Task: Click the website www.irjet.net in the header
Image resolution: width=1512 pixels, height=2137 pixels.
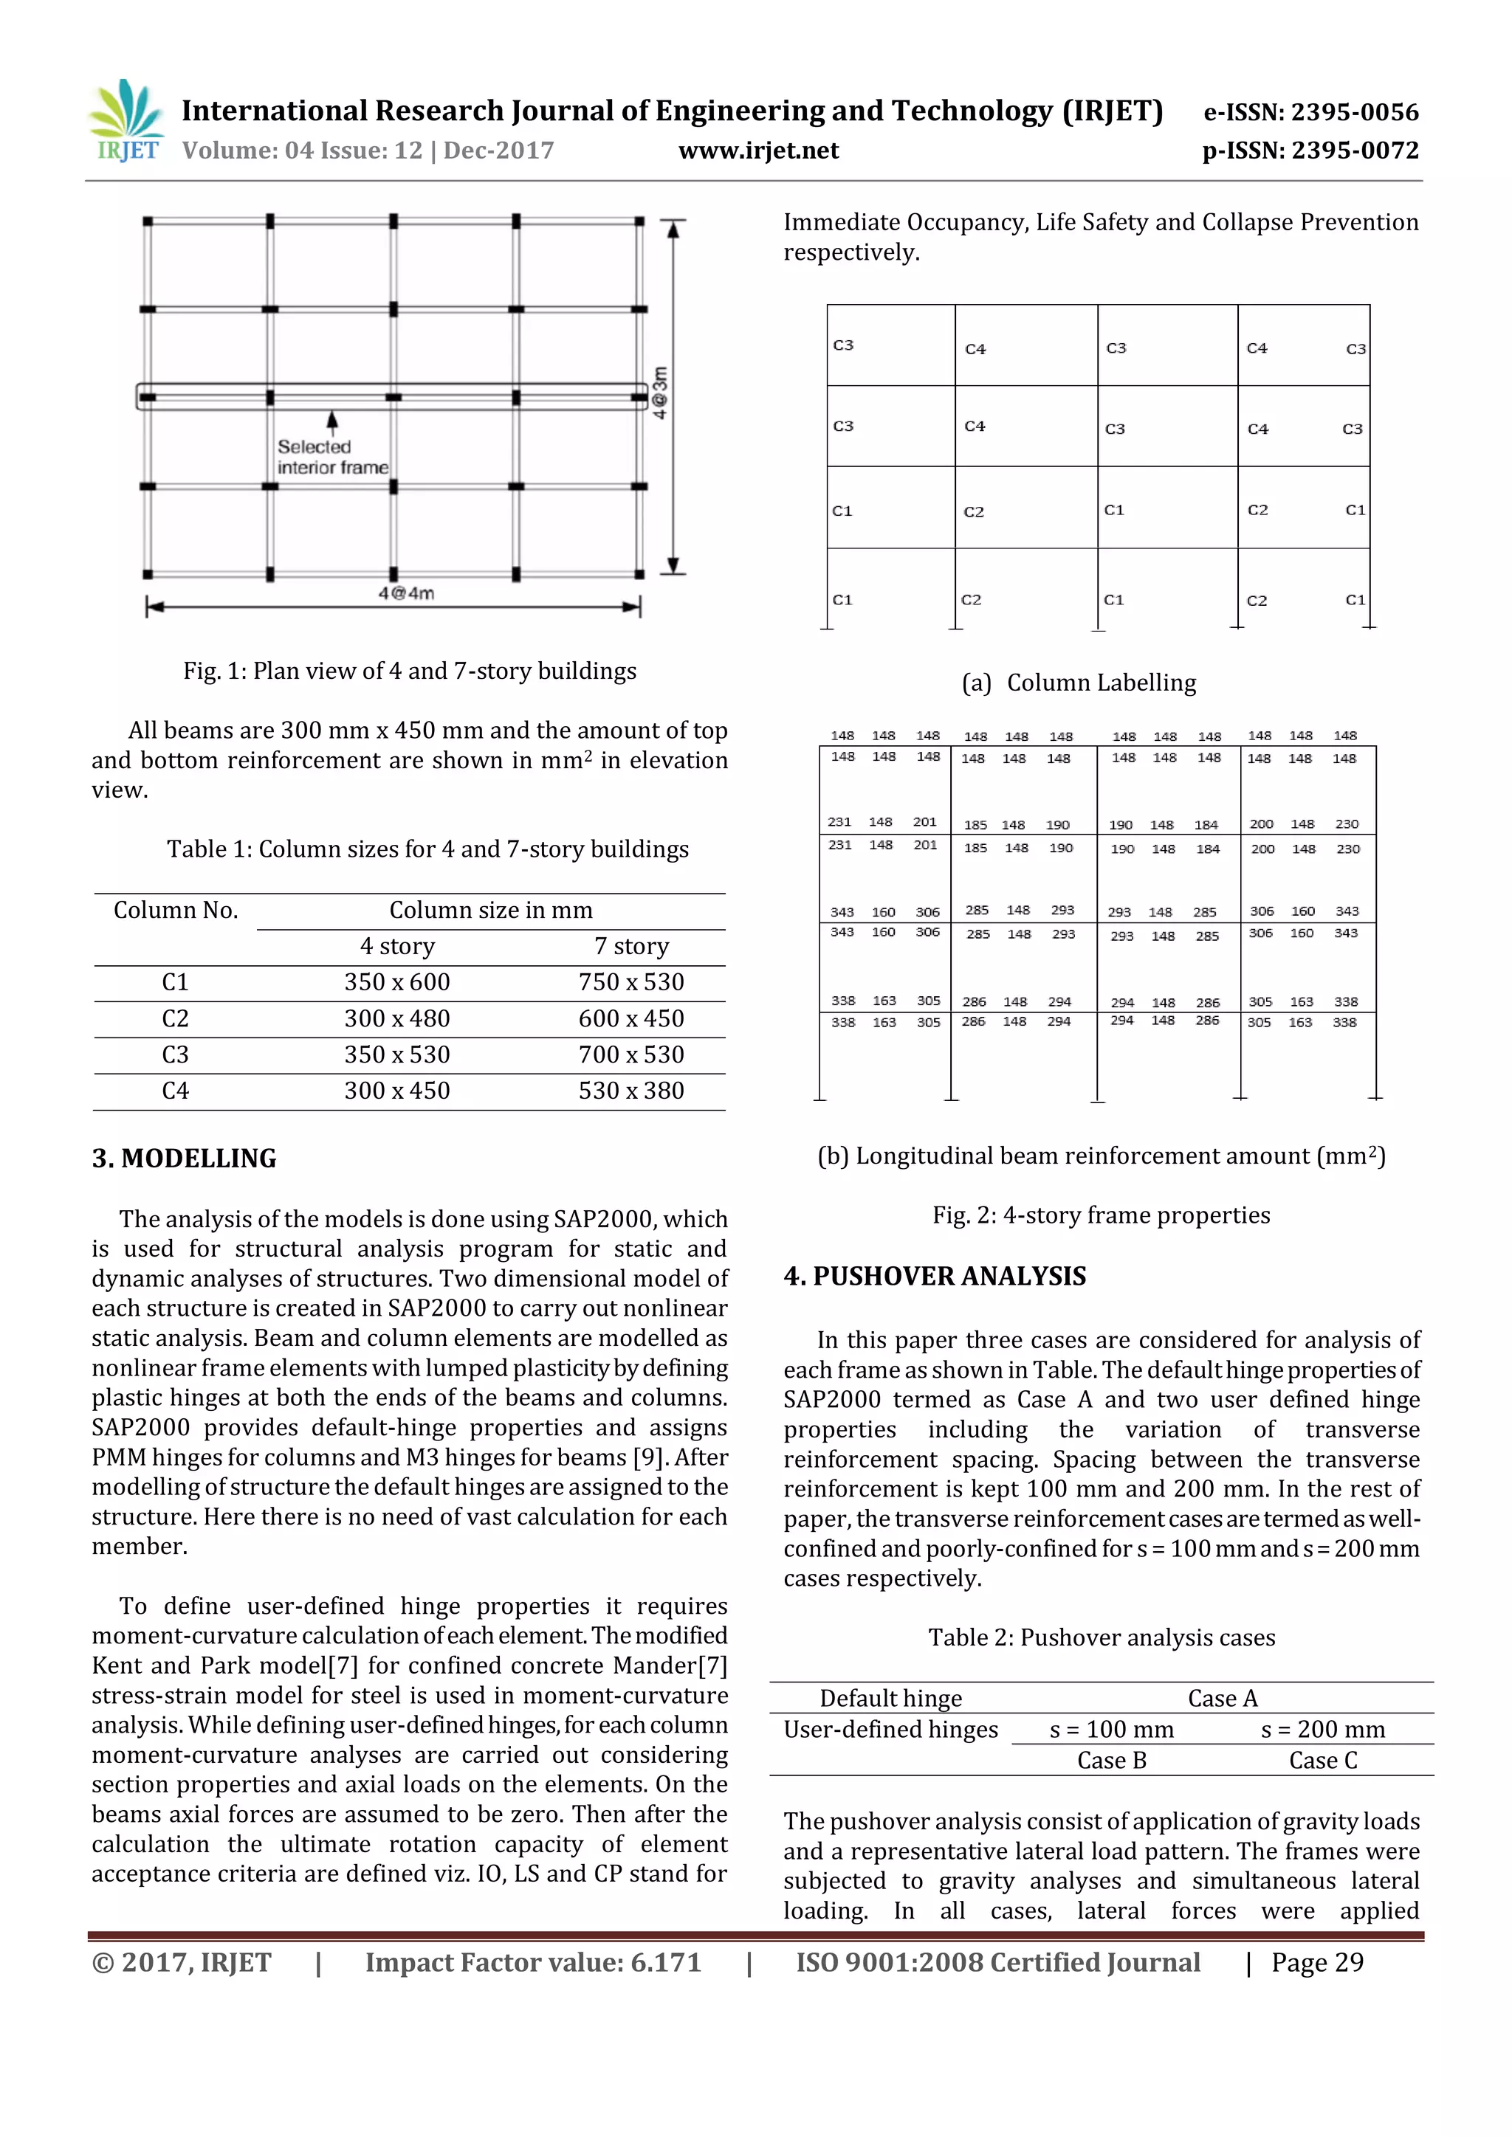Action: [x=758, y=151]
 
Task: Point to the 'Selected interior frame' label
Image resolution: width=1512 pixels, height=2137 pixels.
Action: [x=332, y=457]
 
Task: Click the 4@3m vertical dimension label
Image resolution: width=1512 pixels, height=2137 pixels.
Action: [x=660, y=393]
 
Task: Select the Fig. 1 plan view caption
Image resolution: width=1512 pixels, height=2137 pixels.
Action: [x=410, y=671]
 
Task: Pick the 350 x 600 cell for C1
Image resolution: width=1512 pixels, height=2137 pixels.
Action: [x=396, y=983]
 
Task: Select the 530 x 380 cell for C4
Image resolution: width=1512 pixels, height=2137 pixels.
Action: [x=631, y=1091]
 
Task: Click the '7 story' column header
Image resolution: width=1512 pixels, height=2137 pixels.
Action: [x=631, y=947]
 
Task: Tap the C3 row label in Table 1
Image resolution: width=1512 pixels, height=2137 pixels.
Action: [x=175, y=1054]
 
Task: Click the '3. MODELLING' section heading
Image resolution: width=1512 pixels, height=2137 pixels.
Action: [x=185, y=1159]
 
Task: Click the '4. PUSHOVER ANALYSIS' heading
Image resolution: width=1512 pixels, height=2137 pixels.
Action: [x=935, y=1276]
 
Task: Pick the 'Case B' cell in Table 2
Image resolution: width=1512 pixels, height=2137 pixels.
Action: [x=1112, y=1761]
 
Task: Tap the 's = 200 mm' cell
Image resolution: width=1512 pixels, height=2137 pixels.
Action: [x=1323, y=1730]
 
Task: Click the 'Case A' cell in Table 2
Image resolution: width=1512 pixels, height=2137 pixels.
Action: [x=1223, y=1699]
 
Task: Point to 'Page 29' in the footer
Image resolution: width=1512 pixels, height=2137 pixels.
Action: [x=1316, y=1963]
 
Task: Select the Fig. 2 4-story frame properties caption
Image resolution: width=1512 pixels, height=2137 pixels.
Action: [x=1102, y=1215]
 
